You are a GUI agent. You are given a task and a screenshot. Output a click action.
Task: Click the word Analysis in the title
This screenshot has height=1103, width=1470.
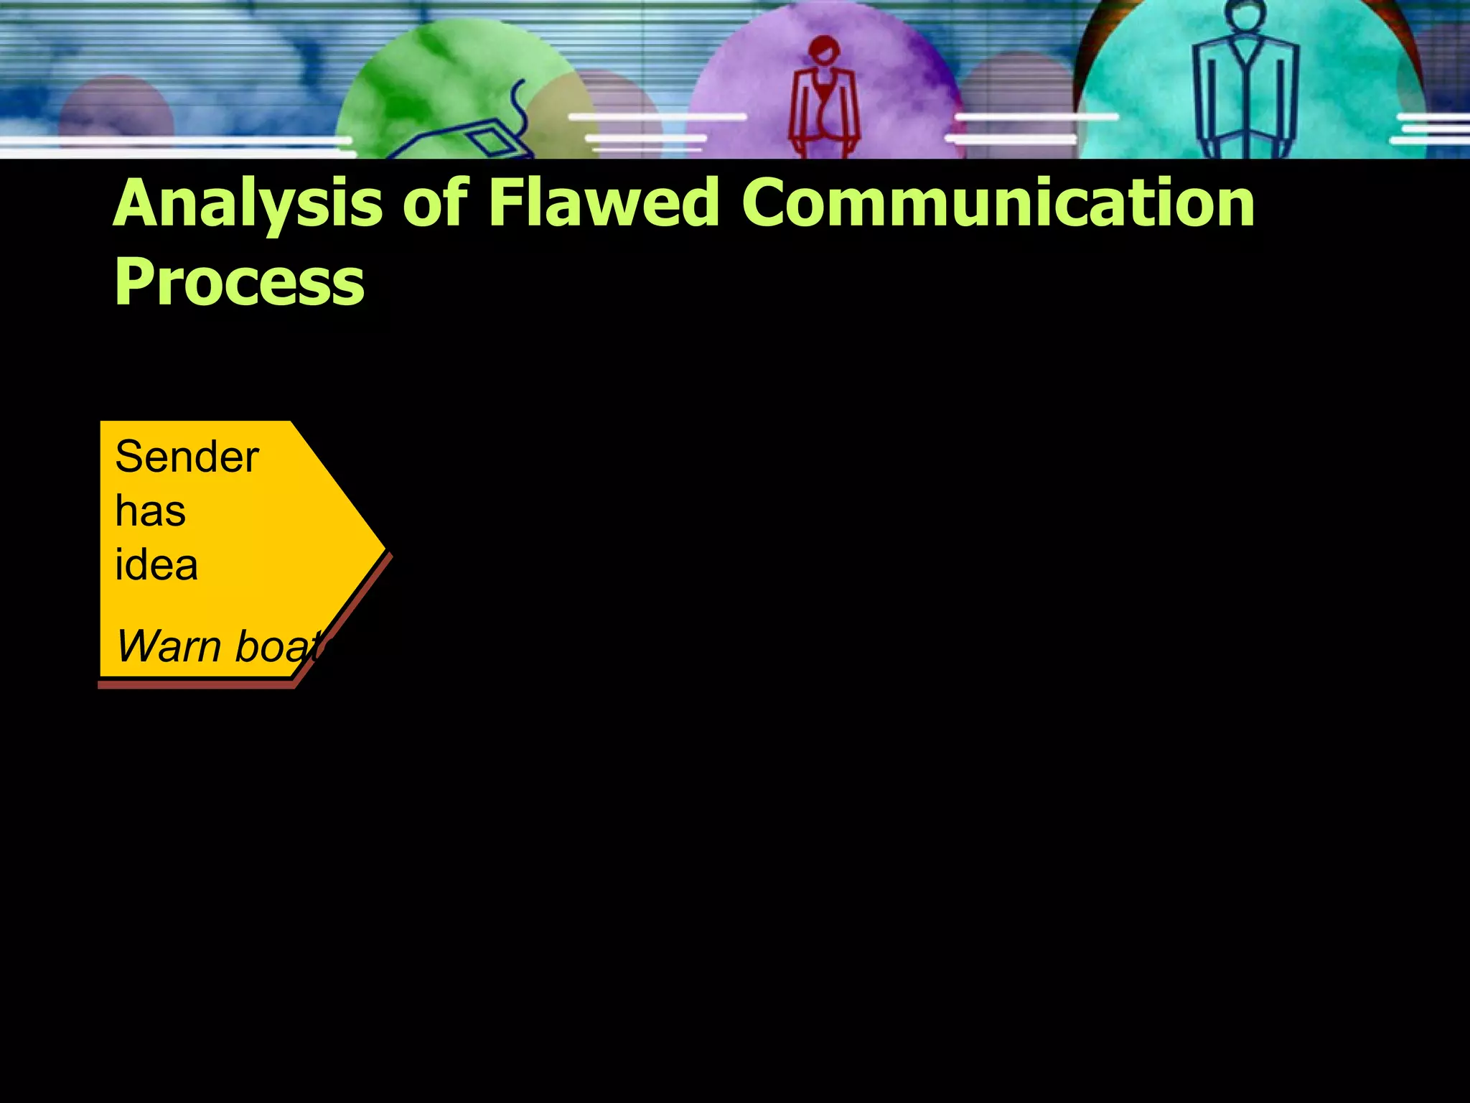click(x=248, y=204)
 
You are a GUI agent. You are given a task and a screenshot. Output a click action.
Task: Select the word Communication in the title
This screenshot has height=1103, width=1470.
click(x=998, y=203)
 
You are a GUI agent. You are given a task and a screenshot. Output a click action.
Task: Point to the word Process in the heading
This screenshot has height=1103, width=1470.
click(x=240, y=282)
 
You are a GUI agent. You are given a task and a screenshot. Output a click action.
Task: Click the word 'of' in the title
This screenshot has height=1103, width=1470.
click(x=435, y=203)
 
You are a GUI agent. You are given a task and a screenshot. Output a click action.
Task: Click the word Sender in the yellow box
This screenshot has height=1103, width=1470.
click(x=187, y=457)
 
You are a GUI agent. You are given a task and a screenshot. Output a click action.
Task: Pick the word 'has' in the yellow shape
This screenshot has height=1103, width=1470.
click(x=151, y=511)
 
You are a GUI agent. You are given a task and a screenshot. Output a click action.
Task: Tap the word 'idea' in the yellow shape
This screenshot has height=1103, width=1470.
click(x=156, y=565)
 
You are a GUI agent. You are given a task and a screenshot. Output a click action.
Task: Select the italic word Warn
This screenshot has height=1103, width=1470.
click(x=169, y=646)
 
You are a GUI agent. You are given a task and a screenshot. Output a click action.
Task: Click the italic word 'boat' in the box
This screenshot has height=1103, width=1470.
click(x=280, y=646)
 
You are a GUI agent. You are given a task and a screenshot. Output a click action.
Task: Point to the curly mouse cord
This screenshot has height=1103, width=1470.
click(x=518, y=108)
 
